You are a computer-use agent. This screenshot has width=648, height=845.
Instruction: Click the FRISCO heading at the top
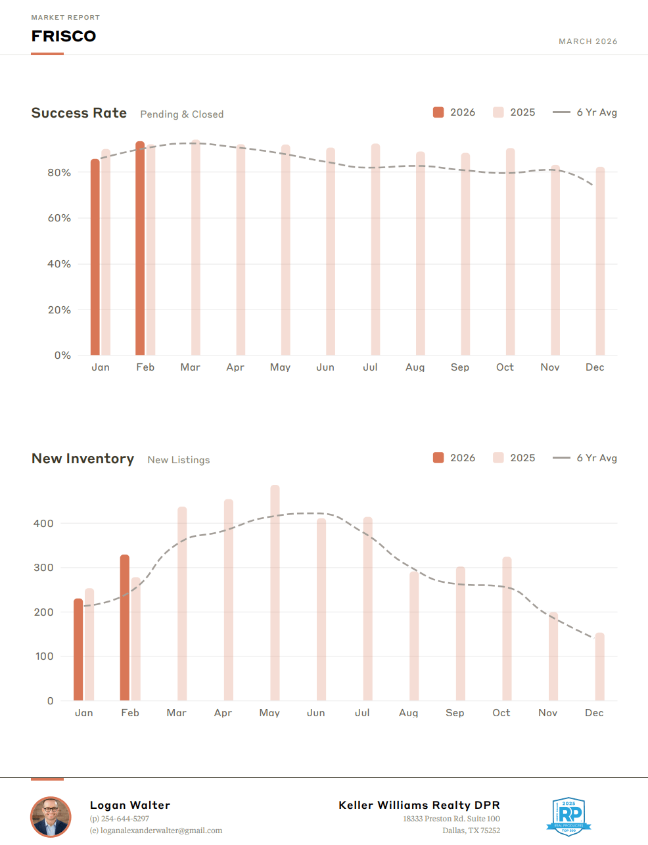point(64,36)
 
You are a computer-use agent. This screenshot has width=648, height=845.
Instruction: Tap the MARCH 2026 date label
point(588,41)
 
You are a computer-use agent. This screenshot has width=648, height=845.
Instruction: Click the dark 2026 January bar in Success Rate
point(95,257)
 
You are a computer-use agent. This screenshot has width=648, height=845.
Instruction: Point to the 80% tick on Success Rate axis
point(59,173)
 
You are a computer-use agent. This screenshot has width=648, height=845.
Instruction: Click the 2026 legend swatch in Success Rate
point(438,112)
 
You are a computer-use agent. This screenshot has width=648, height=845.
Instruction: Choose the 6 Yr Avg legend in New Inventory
point(585,458)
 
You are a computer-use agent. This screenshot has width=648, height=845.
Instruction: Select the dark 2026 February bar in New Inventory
point(125,628)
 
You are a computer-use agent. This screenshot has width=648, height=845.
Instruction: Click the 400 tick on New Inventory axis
point(43,524)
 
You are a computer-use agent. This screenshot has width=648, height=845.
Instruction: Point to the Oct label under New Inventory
point(501,713)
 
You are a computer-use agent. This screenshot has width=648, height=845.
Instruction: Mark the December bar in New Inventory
point(599,666)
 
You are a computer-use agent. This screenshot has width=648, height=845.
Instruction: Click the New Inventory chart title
point(83,459)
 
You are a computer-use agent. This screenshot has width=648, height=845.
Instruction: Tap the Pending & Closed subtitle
point(182,114)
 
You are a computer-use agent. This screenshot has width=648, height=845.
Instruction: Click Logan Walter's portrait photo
point(51,817)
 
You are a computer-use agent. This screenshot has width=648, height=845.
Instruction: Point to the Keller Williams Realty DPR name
point(419,805)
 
